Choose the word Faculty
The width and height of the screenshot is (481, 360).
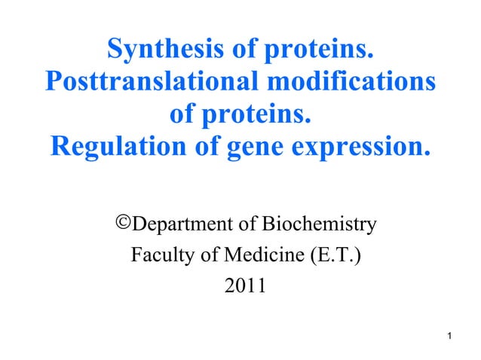coord(160,256)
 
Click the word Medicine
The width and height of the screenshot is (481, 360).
coord(259,256)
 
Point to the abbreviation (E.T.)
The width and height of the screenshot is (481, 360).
coord(333,256)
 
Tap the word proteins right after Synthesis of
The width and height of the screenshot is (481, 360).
coord(320,50)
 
